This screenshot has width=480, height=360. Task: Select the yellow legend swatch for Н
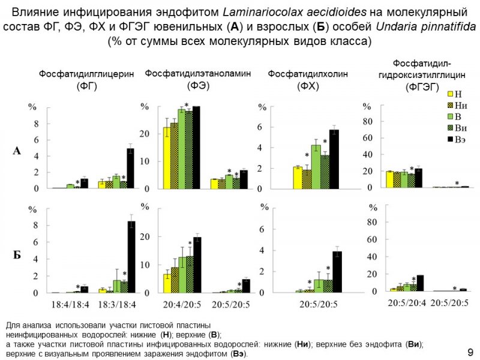[x=450, y=94]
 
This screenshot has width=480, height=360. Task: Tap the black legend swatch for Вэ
[x=450, y=140]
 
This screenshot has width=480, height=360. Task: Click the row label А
[x=18, y=152]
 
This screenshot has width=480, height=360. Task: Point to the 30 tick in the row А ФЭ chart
[x=145, y=107]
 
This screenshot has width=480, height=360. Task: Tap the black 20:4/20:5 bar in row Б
[x=197, y=265]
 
